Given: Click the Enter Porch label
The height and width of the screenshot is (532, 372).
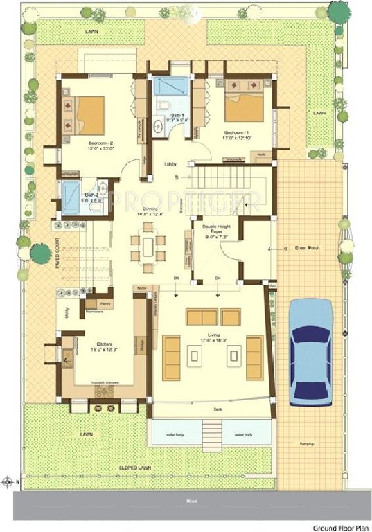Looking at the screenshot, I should [x=308, y=247].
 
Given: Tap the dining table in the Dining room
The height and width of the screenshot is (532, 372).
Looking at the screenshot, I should [x=149, y=246].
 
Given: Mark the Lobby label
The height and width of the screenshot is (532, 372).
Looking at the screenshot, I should [x=170, y=164].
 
